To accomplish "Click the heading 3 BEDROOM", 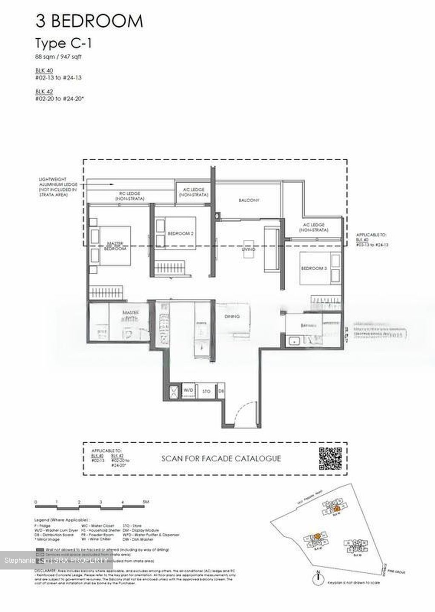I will click(89, 21).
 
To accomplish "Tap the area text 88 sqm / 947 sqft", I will click(58, 57).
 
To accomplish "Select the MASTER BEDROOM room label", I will click(115, 246).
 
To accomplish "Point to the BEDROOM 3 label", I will click(314, 268).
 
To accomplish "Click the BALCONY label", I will click(249, 200).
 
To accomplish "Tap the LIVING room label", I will click(249, 249).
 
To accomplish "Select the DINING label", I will click(232, 316).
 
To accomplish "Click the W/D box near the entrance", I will click(188, 390).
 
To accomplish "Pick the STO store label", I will click(206, 391).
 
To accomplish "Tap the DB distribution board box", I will click(220, 391).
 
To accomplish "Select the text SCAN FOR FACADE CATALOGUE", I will click(221, 459).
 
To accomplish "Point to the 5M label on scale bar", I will click(146, 502).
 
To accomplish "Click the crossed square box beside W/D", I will click(174, 391).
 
